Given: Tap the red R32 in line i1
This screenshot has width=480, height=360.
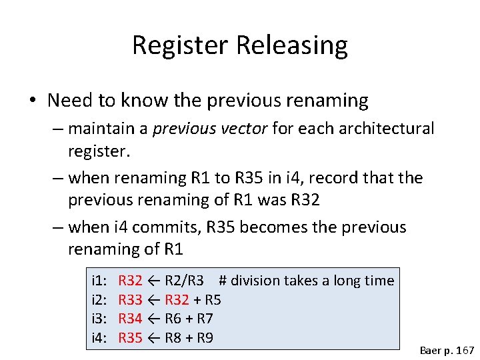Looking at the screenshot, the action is click(x=130, y=281).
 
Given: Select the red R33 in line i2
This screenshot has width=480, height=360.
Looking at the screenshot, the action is click(x=130, y=300).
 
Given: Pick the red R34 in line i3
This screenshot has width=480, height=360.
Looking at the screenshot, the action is click(x=130, y=319).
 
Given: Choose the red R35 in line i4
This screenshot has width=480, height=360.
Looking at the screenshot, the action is click(x=130, y=338).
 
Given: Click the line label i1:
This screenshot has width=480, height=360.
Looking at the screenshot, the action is click(x=100, y=281).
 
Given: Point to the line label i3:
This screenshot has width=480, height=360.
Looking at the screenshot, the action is click(x=100, y=319).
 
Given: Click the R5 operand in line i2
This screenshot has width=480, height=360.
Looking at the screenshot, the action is click(x=213, y=300).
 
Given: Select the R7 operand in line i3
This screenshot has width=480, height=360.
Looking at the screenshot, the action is click(x=205, y=319).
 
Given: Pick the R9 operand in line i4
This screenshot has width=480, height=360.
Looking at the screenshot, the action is click(x=205, y=338).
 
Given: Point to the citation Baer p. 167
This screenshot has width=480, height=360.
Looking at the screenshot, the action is click(x=446, y=349).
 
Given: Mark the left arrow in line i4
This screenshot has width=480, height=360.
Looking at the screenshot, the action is click(x=153, y=338).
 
